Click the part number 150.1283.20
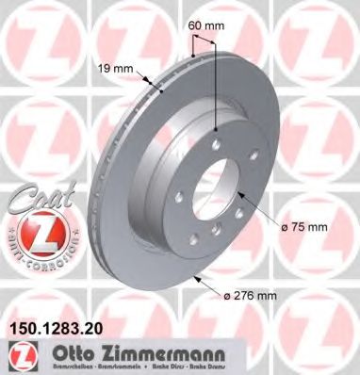57,330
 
